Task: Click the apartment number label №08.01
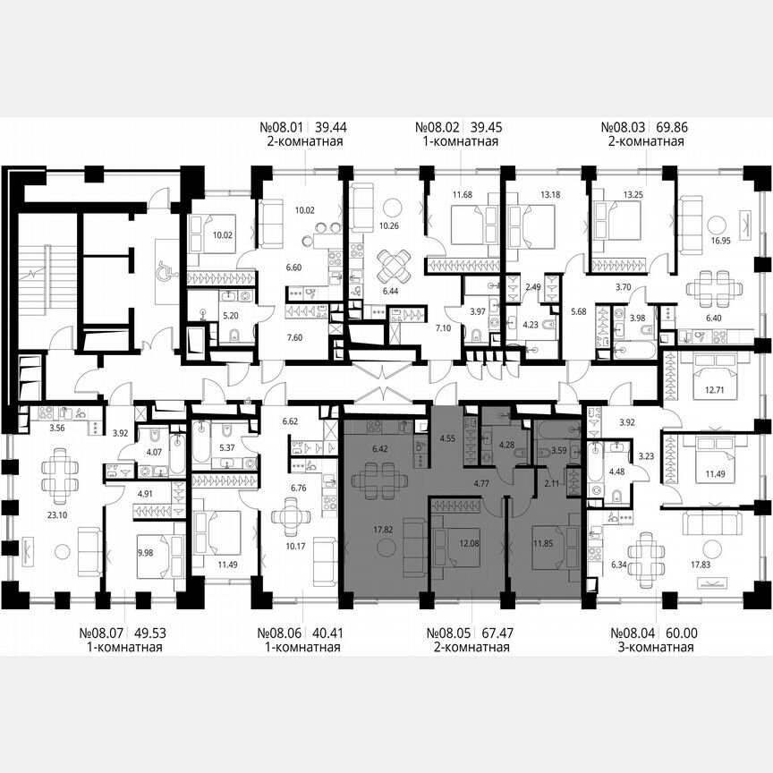tap(278, 128)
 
